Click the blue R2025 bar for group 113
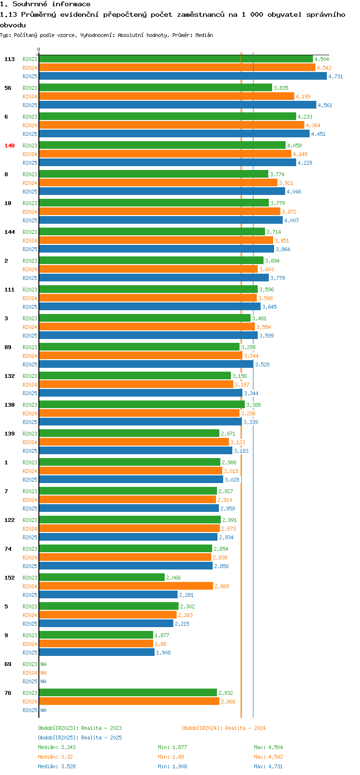click(x=182, y=76)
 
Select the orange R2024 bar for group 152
click(x=126, y=586)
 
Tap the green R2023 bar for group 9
click(x=96, y=635)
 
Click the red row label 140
click(x=10, y=145)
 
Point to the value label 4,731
click(x=336, y=76)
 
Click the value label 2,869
click(x=222, y=586)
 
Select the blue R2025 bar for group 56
click(x=178, y=105)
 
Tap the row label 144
click(x=10, y=232)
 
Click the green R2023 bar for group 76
click(x=128, y=693)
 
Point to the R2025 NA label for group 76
click(x=43, y=710)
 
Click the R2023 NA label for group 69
click(x=43, y=664)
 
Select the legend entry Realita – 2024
click(x=224, y=728)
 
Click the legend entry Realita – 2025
click(x=80, y=738)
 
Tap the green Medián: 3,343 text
click(x=57, y=747)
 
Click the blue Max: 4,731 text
click(x=268, y=766)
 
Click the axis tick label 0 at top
click(x=39, y=49)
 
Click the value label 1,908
click(x=163, y=653)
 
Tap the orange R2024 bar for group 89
click(x=141, y=356)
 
